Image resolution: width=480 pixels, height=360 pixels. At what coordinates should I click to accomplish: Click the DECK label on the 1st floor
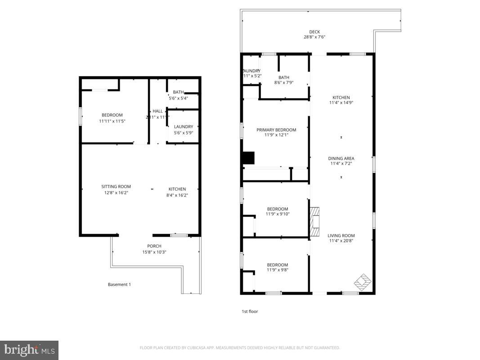[314, 32]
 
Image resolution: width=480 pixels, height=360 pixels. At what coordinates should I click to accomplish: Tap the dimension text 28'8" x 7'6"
[314, 37]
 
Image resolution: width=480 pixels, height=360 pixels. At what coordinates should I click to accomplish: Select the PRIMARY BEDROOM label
[276, 130]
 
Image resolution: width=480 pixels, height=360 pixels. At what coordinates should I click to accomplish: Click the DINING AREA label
[341, 158]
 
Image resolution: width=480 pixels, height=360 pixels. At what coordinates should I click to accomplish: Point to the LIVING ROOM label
[341, 235]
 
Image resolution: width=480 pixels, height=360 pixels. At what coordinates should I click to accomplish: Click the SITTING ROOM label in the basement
[116, 187]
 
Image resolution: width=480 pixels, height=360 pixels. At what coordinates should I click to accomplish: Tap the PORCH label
[154, 246]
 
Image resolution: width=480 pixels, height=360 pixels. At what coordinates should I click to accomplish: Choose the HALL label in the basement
[157, 111]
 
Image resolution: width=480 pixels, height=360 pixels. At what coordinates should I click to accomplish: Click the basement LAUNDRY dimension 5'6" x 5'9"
[184, 133]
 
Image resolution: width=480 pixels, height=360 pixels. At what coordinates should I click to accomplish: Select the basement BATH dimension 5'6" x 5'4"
[178, 98]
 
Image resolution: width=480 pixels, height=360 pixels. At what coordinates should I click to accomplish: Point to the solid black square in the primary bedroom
[248, 158]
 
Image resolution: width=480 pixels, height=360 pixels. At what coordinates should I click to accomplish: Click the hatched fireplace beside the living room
[314, 221]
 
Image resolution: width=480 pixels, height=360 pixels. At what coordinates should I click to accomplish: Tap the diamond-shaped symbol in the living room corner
[362, 282]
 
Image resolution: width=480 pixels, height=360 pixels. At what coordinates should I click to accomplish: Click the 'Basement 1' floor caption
[119, 284]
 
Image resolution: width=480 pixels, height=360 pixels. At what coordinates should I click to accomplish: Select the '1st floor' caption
[250, 311]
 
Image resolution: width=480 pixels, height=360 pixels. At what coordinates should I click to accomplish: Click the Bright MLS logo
[29, 350]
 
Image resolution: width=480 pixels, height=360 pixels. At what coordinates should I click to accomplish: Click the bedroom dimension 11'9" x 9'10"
[278, 214]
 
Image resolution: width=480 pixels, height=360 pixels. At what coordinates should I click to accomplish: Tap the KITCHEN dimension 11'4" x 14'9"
[341, 103]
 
